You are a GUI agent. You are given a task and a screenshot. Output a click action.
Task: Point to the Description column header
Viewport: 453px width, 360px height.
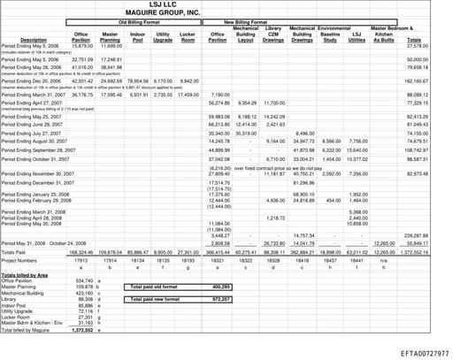point(33,40)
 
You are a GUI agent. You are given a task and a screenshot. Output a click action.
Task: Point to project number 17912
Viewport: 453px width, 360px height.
point(82,261)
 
